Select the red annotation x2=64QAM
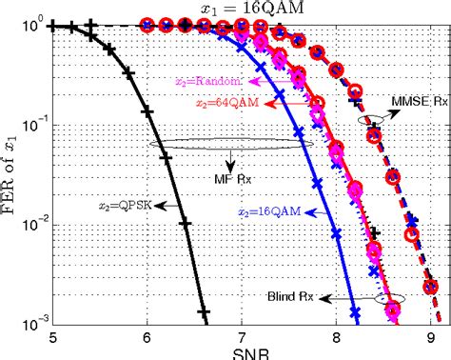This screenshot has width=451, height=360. coord(220,103)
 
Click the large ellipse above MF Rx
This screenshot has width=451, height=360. coord(225,145)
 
